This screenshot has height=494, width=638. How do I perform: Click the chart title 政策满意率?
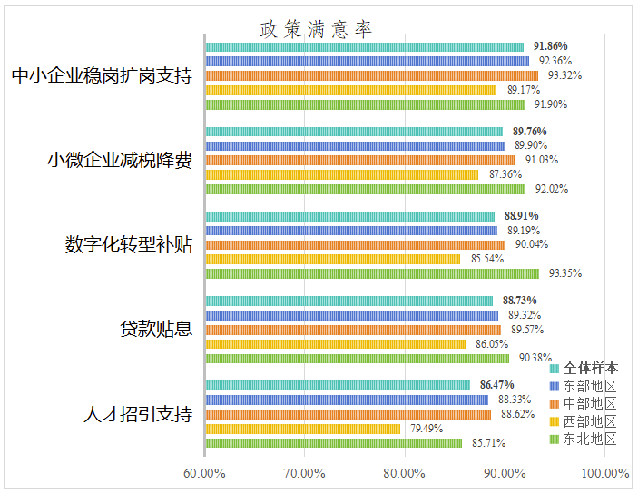[x=316, y=29]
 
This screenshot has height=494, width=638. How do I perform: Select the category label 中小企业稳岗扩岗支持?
[x=102, y=75]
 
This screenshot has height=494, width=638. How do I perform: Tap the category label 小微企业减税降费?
[x=120, y=160]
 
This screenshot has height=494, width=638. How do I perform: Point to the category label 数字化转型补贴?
[x=129, y=245]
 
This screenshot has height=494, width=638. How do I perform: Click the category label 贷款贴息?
[x=156, y=329]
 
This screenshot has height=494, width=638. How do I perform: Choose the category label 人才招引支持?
[x=138, y=414]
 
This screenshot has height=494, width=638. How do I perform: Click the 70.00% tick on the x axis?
[x=304, y=473]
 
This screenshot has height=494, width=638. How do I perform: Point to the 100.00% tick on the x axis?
[x=605, y=473]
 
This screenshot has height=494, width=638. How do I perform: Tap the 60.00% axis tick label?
[x=204, y=473]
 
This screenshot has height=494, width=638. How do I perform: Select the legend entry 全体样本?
[x=584, y=369]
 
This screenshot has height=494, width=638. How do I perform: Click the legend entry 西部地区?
[x=583, y=421]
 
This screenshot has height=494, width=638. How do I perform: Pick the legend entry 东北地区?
[x=583, y=439]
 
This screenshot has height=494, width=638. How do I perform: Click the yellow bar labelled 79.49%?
[x=303, y=429]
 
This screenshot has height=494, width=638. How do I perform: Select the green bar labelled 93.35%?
[x=372, y=273]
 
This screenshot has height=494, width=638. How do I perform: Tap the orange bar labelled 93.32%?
[x=372, y=75]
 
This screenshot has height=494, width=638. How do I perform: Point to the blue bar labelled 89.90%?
[x=355, y=146]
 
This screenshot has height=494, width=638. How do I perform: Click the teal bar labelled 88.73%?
[x=349, y=301]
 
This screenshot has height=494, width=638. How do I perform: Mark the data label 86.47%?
[x=496, y=385]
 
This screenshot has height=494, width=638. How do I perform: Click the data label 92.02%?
[x=552, y=189]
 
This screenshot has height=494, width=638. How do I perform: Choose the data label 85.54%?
[x=487, y=259]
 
